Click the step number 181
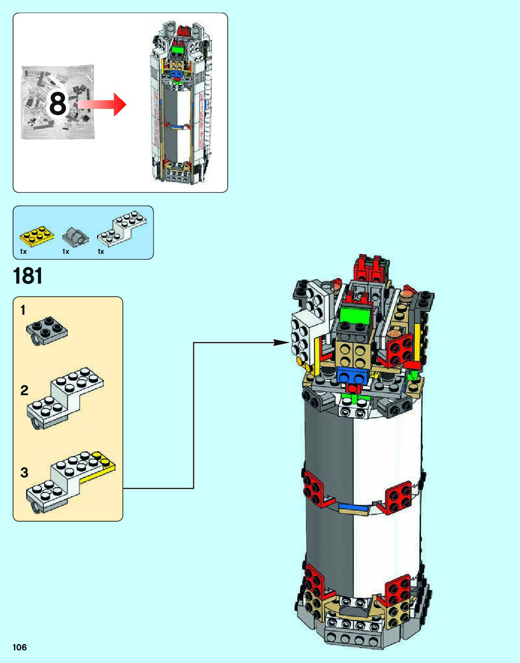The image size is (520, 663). tap(28, 276)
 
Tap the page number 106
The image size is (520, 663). tap(20, 647)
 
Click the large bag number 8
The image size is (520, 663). tap(57, 103)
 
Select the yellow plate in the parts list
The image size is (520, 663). tap(37, 235)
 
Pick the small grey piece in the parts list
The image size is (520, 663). tap(75, 236)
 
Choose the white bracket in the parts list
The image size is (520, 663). tap(122, 228)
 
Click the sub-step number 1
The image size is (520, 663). tap(23, 310)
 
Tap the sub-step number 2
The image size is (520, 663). tap(24, 390)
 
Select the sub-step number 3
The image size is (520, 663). tap(24, 472)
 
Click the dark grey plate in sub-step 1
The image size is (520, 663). tap(47, 331)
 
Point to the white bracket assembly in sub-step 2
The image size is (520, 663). tap(65, 397)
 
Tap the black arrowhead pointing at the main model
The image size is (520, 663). tap(282, 343)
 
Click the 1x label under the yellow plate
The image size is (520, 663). tap(23, 252)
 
